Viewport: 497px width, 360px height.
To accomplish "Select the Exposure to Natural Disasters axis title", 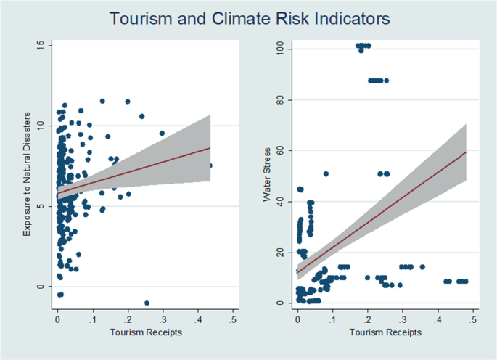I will pos(27,173).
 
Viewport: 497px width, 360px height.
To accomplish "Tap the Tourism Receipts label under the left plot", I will pos(145,332).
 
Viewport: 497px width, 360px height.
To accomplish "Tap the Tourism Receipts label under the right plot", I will pos(385,332).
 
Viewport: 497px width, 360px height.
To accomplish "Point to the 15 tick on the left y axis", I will pos(40,45).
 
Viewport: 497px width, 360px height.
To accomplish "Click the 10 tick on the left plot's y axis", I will pos(40,126).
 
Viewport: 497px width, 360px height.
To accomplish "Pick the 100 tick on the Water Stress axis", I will pos(277,49).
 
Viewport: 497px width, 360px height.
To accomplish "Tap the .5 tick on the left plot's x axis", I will pos(232,319).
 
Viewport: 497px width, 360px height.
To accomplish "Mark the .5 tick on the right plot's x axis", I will pos(472,319).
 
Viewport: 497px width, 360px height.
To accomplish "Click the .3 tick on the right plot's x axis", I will pos(403,319).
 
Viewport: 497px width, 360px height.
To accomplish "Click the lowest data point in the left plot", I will pos(147,303).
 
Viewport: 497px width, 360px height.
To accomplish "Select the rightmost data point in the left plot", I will pos(210,165).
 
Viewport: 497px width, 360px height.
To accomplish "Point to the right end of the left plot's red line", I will pos(210,147).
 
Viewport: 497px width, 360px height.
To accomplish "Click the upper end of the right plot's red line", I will pos(465,152).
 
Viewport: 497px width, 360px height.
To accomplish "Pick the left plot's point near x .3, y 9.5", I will pos(162,133).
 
